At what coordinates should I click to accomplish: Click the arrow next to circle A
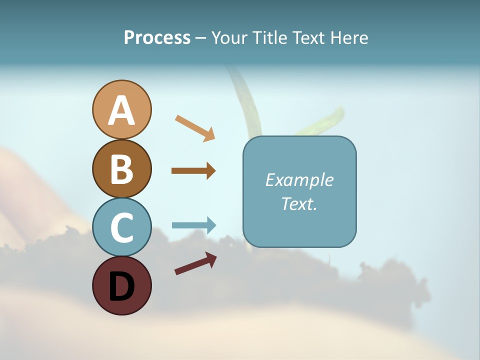pyautogui.click(x=195, y=128)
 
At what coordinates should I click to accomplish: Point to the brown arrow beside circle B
pyautogui.click(x=193, y=171)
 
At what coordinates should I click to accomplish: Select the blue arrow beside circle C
pyautogui.click(x=193, y=225)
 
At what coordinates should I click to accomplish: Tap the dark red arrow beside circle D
pyautogui.click(x=195, y=263)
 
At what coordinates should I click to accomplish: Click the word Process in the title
pyautogui.click(x=157, y=38)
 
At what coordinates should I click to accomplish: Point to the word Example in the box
pyautogui.click(x=299, y=180)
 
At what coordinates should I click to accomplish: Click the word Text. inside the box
pyautogui.click(x=299, y=204)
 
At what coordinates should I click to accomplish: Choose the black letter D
pyautogui.click(x=121, y=287)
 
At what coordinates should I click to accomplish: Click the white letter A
pyautogui.click(x=121, y=110)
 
